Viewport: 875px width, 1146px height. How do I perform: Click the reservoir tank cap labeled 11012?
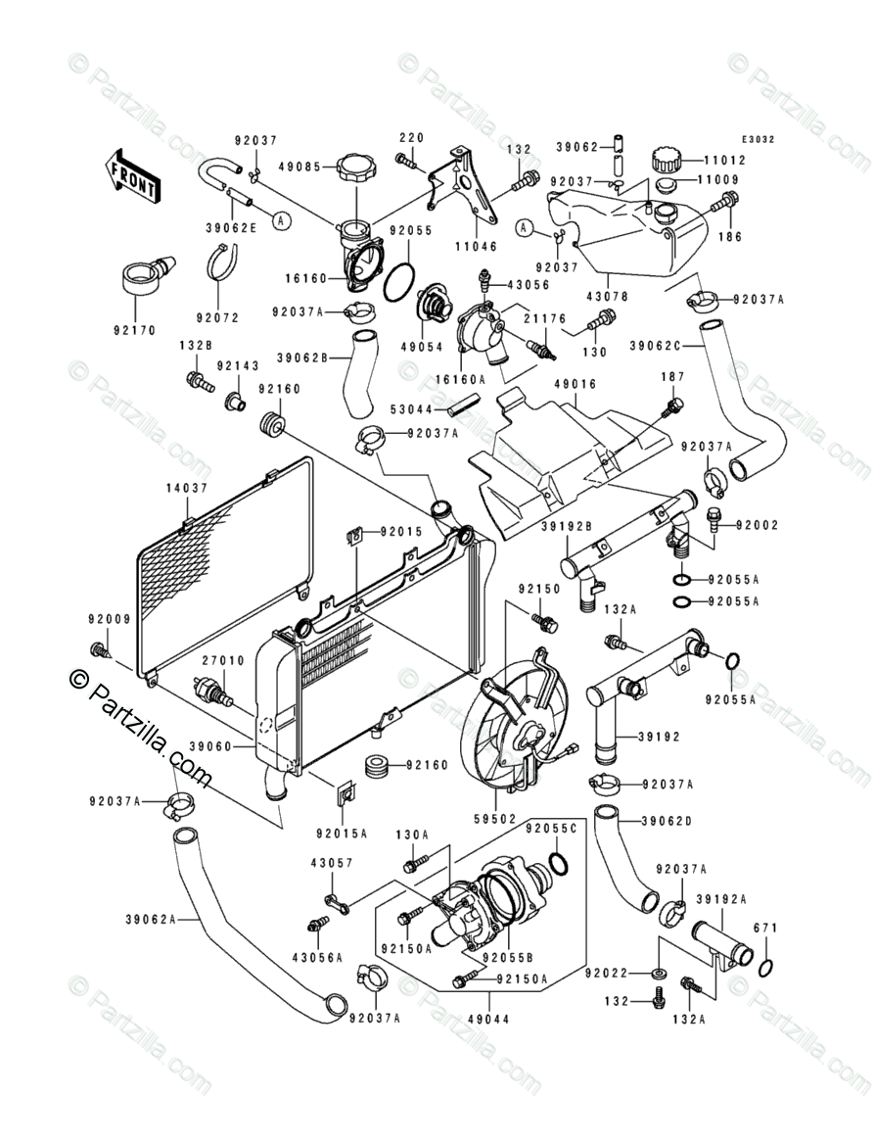tap(667, 157)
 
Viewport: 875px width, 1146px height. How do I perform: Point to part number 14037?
tap(189, 488)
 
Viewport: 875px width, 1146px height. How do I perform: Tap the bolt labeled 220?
tap(409, 160)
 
